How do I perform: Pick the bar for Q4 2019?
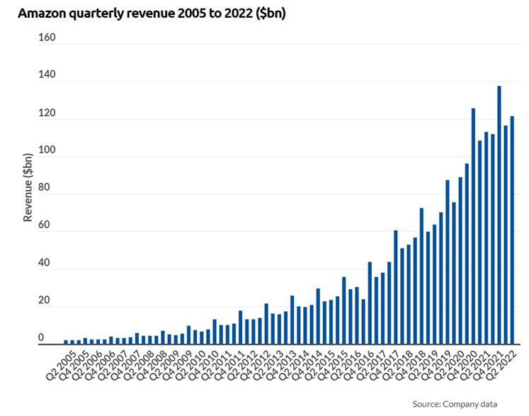(x=448, y=262)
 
